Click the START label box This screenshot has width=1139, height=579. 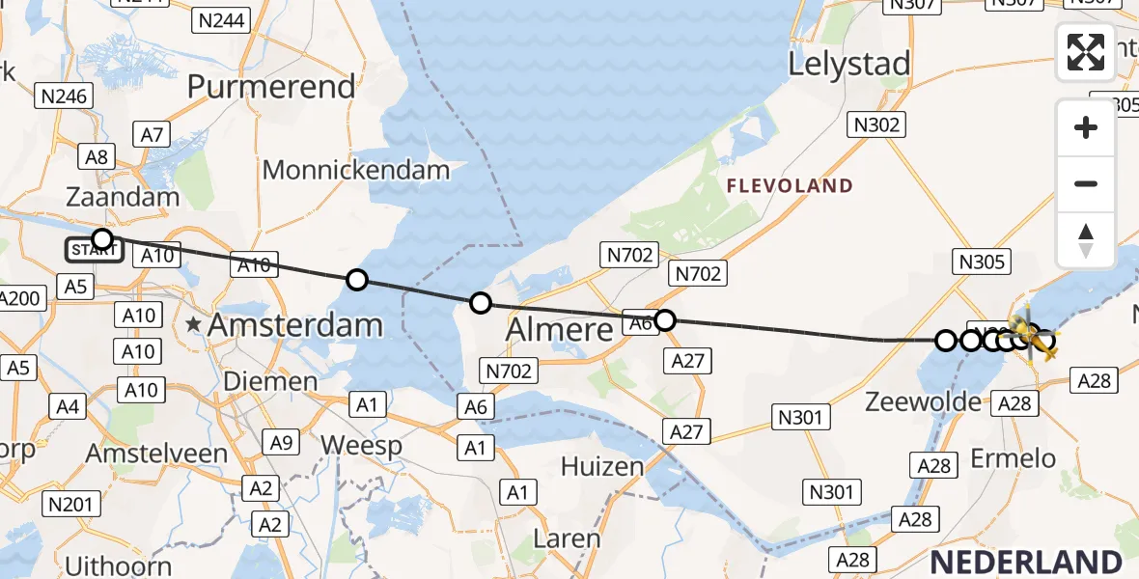(x=94, y=251)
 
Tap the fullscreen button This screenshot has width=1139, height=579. (x=1086, y=52)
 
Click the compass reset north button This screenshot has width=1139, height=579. (x=1086, y=240)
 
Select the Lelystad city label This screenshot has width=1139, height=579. (x=849, y=65)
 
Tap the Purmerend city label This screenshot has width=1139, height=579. (x=271, y=87)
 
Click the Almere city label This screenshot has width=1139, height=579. (x=560, y=329)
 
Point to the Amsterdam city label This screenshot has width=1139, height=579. (x=294, y=325)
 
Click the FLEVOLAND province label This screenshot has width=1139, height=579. (x=790, y=186)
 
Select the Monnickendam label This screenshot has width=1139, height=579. (x=356, y=170)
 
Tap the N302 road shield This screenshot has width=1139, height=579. (x=876, y=124)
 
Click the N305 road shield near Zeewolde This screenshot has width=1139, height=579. (x=982, y=261)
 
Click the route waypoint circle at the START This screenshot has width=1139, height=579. (x=101, y=238)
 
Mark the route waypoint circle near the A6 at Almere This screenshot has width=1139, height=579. (x=664, y=319)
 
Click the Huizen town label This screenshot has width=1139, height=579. (x=601, y=468)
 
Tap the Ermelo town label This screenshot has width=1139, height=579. (x=1021, y=458)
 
